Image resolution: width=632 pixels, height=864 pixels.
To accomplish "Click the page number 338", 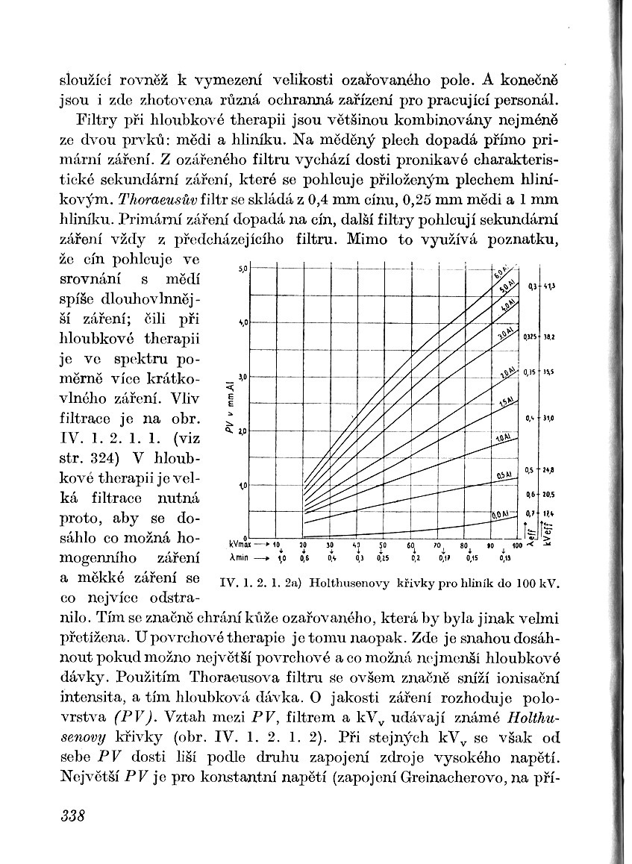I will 73,814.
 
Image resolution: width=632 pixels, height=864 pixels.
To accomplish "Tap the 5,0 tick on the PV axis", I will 243,266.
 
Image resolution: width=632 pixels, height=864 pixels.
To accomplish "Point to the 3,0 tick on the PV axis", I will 243,376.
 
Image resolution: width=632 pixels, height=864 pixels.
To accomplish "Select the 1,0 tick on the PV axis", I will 243,485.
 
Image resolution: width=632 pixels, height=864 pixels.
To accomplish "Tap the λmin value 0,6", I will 304,557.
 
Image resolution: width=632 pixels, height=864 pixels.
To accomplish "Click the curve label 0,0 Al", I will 500,515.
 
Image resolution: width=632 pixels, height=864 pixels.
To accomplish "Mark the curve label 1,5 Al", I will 506,402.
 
